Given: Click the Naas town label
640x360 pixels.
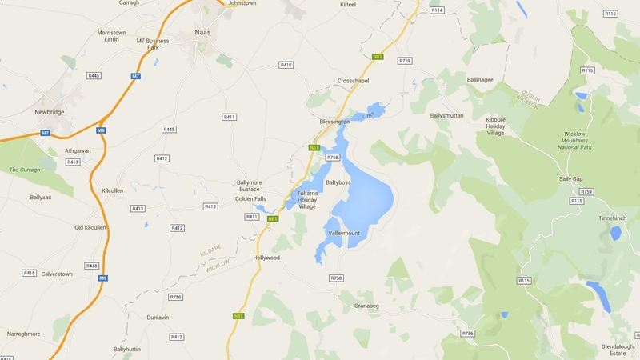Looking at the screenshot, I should [203, 33].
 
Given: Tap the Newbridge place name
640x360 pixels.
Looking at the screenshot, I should [49, 112].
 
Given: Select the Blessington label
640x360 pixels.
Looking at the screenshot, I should [334, 122].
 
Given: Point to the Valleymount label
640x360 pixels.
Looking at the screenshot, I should [345, 233].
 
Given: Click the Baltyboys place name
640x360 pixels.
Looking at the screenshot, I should [338, 182].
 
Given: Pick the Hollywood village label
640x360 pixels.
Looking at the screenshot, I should [266, 258].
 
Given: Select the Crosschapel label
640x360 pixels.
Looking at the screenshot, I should [354, 81].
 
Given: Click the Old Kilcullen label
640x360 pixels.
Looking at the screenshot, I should [90, 227].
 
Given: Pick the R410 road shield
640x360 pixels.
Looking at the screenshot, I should [286, 64].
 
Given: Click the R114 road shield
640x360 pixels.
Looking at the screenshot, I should [437, 10].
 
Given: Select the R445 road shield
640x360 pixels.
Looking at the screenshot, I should [94, 75].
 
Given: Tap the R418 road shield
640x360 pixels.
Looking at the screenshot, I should [30, 273].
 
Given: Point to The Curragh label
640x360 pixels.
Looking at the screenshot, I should [25, 170].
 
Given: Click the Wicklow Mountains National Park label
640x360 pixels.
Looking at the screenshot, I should [574, 140].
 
